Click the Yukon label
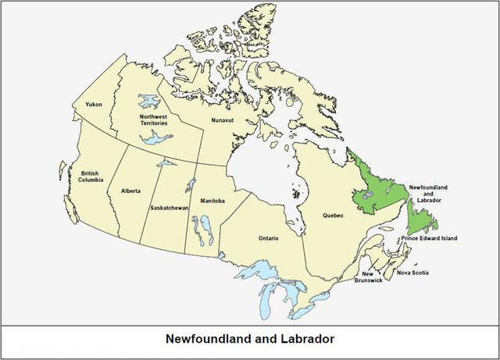(x=95, y=104)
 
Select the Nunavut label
(x=223, y=120)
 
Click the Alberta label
(x=131, y=191)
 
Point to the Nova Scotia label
(x=413, y=273)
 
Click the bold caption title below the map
(x=250, y=340)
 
